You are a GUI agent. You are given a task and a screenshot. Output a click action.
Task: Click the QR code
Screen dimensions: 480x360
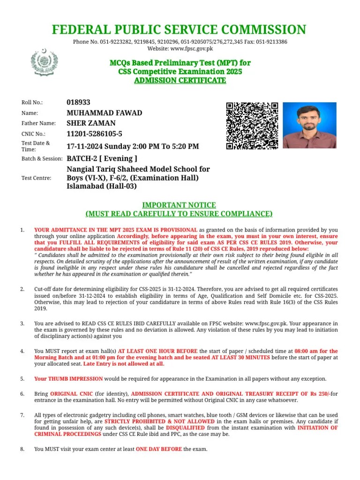252,126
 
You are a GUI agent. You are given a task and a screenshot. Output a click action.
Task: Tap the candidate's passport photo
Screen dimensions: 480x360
309,126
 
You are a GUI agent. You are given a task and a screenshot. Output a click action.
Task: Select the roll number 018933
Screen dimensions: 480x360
79,102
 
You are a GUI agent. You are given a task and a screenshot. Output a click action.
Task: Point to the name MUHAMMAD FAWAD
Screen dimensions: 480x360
105,113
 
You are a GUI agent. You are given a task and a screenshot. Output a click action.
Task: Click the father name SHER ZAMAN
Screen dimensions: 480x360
91,123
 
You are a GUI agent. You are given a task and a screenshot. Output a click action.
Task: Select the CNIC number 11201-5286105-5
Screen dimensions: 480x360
95,134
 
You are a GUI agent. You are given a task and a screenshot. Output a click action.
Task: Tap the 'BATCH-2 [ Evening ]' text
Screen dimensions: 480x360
102,158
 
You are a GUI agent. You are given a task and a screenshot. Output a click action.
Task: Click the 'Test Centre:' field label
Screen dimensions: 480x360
36,178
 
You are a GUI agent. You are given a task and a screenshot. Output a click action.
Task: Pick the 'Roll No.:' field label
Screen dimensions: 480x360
32,103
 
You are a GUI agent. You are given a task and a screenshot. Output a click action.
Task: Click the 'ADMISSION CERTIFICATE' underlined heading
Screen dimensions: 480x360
180,81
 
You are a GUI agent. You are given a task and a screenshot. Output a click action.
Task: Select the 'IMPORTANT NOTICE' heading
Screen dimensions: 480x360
179,205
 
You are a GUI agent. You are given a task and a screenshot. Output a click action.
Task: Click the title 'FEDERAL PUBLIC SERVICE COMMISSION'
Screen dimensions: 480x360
179,30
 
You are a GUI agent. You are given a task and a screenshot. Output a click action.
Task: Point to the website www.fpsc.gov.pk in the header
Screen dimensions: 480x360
190,48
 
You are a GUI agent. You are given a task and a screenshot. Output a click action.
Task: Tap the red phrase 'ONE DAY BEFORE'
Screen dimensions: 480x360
159,449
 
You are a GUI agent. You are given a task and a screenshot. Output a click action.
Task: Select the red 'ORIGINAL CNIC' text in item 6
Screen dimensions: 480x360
70,394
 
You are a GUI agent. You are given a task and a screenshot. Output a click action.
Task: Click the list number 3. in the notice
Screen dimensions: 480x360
22,324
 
